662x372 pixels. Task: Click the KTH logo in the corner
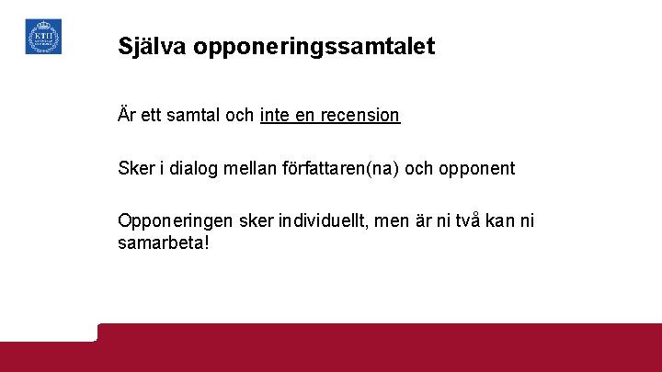[43, 37]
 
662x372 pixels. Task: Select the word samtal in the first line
[191, 117]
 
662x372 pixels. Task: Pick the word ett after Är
[150, 117]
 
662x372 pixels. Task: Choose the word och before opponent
[418, 169]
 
